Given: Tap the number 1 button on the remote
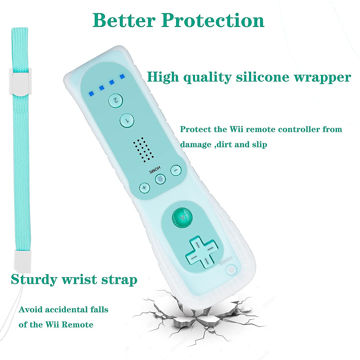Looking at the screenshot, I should coord(127,121).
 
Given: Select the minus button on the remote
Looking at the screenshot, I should coord(176,171).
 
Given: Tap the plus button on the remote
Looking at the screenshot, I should coord(144,188).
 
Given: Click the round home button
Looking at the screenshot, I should coord(160,179).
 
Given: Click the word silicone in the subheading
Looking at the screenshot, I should coord(263,77).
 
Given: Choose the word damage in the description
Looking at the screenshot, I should coord(196,145).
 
